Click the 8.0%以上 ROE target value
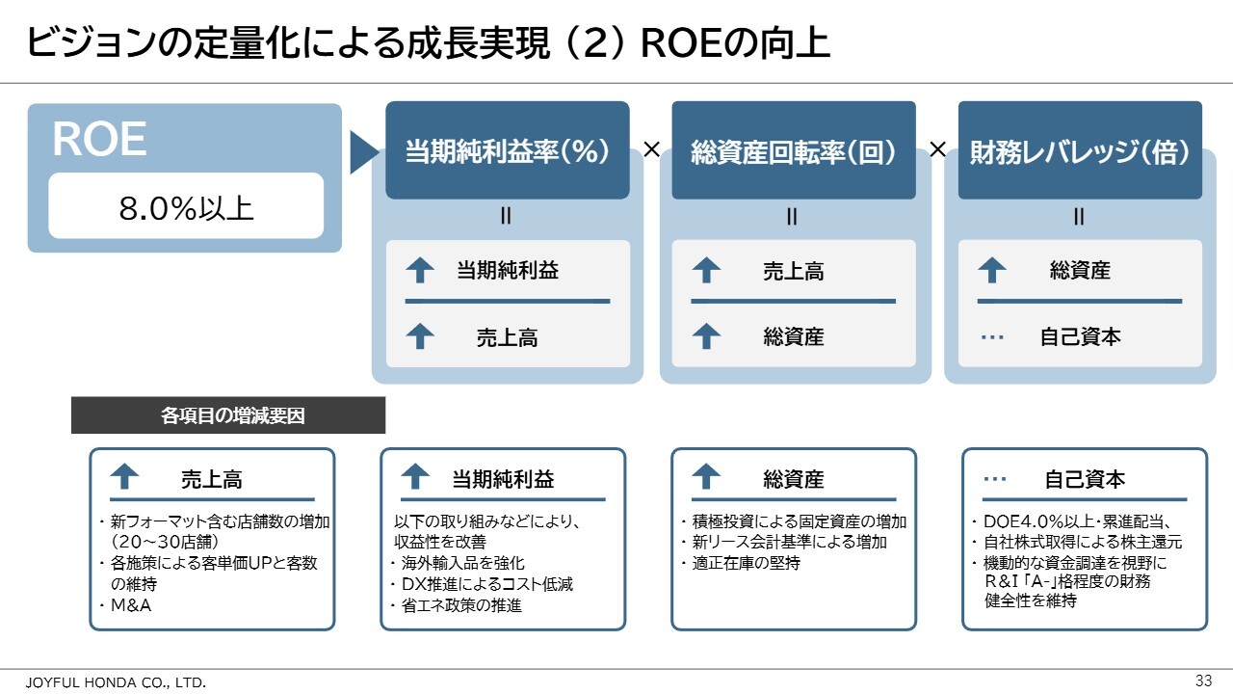pos(186,208)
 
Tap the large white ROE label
pos(99,139)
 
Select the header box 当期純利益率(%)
pos(508,149)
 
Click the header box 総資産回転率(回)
pos(794,149)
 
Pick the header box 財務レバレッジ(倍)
pos(1080,149)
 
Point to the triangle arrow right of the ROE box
pos(363,152)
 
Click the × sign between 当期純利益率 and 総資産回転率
pos(651,148)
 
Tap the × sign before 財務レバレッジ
pos(937,148)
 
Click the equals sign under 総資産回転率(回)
pos(792,216)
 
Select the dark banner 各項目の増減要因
pos(228,415)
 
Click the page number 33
pos(1203,681)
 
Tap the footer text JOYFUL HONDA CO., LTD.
pos(116,682)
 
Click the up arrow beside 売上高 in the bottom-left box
pos(124,476)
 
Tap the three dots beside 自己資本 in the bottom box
pos(995,479)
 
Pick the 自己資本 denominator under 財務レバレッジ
pos(1080,336)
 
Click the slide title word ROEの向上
pos(735,43)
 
